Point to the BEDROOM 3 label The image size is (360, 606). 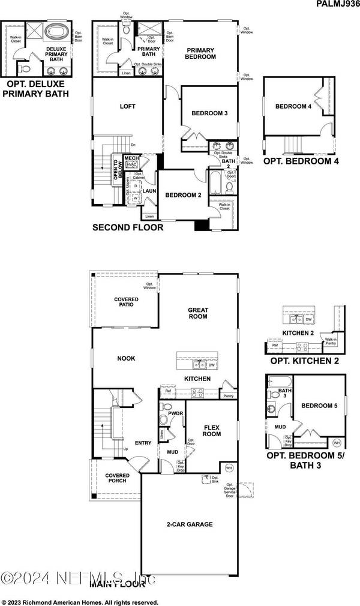tap(209, 113)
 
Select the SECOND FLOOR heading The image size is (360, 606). tap(127, 228)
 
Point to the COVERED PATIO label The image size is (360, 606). tap(126, 302)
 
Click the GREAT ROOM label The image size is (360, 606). tap(198, 313)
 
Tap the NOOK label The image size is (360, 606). tap(126, 358)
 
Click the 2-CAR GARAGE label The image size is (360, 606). tap(190, 524)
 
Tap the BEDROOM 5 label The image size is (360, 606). tap(319, 406)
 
